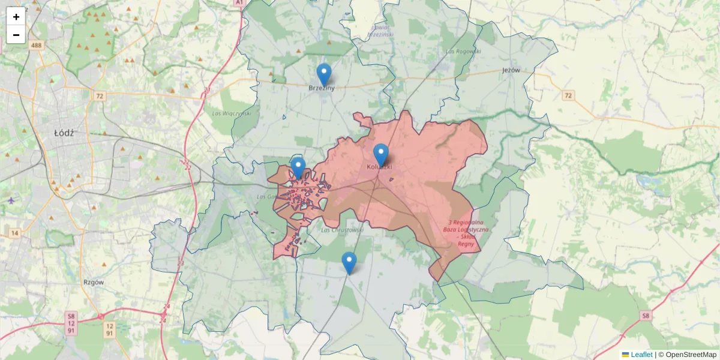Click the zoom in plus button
[x=16, y=17]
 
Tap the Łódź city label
[x=64, y=133]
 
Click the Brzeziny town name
[x=322, y=88]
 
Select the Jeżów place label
[x=510, y=70]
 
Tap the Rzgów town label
[x=95, y=281]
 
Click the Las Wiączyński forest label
[x=231, y=113]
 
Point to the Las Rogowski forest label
[x=464, y=51]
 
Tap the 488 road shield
[x=37, y=46]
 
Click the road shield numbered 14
[x=14, y=232]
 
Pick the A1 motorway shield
[x=239, y=3]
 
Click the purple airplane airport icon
[x=11, y=200]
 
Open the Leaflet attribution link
[x=641, y=355]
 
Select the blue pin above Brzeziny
[x=324, y=75]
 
